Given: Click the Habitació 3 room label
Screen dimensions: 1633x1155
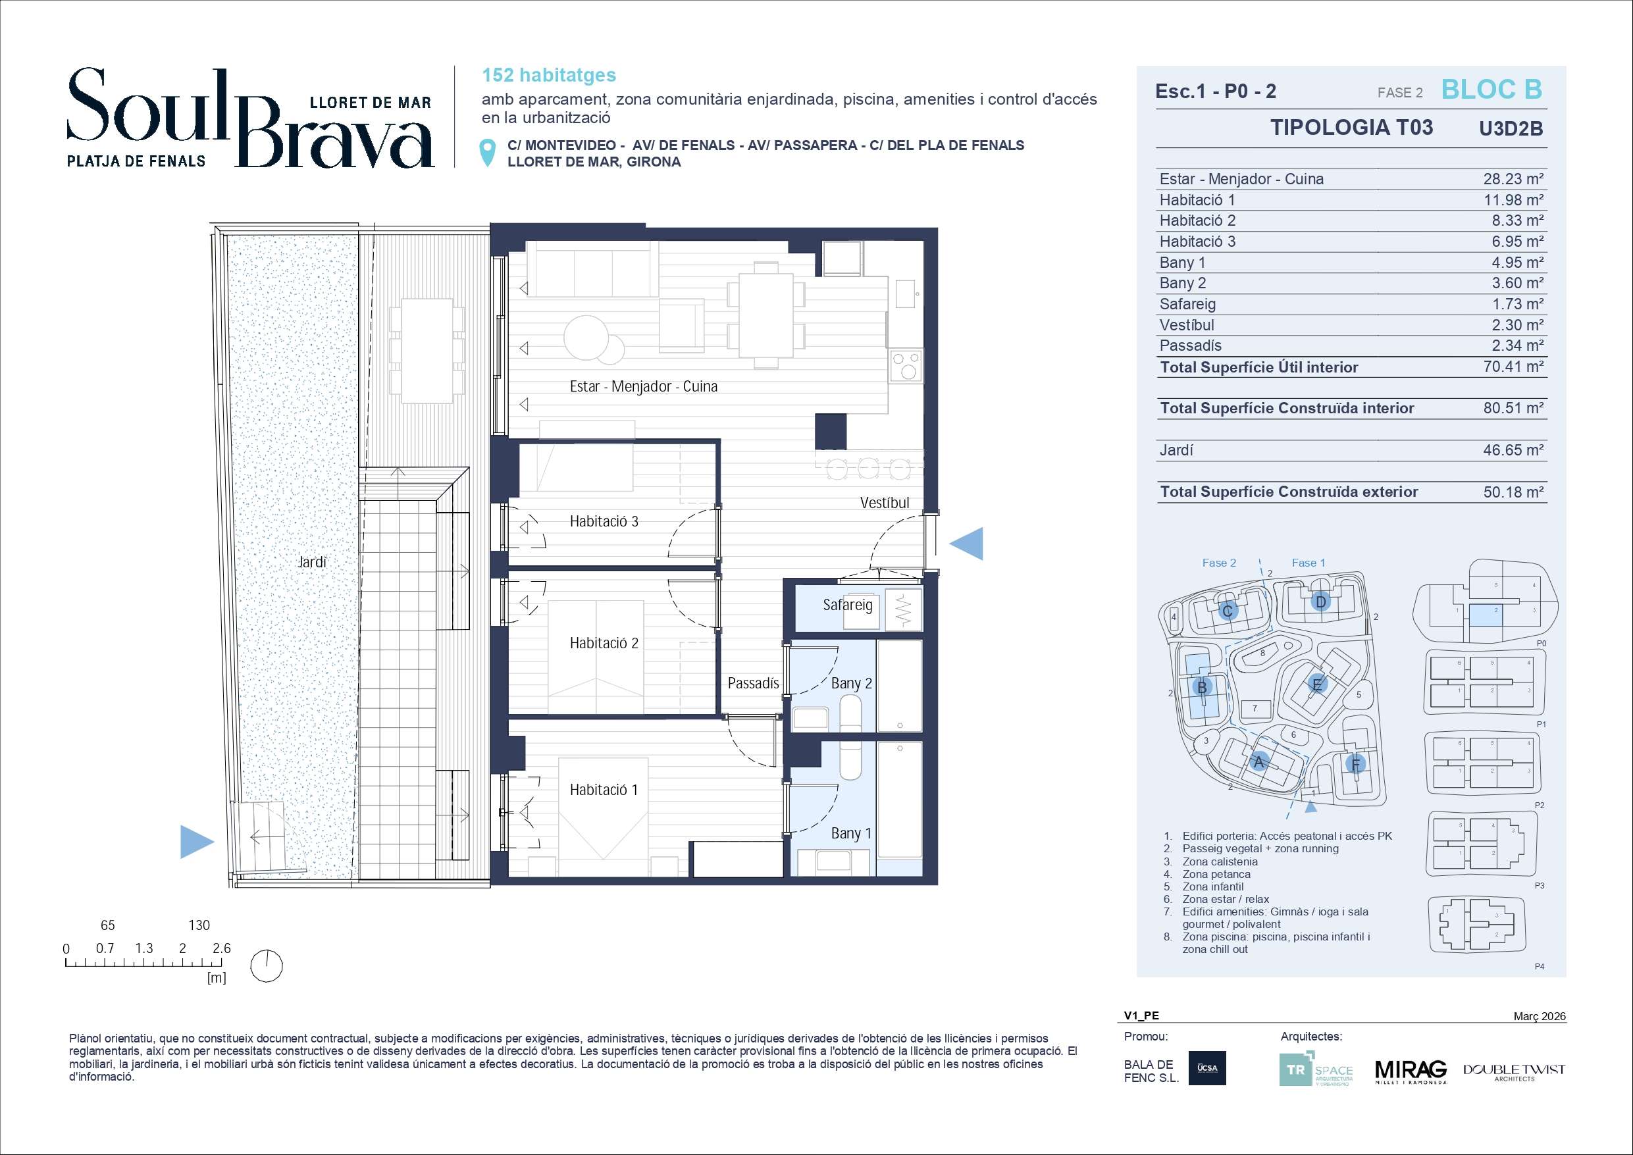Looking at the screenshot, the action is [604, 521].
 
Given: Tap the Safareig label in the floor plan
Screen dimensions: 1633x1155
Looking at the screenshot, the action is [847, 605].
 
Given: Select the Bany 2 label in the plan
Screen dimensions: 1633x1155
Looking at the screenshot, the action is [851, 684].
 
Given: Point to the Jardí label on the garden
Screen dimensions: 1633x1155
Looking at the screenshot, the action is [311, 562].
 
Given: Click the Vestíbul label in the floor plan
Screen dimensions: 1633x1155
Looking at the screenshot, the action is [884, 503].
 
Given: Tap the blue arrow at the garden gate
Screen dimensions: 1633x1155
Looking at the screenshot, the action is [197, 841].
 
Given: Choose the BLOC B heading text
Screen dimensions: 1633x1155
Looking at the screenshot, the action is [1491, 90].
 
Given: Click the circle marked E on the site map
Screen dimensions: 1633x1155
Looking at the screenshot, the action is [1316, 684].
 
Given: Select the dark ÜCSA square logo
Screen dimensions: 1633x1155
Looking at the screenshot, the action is [1207, 1068].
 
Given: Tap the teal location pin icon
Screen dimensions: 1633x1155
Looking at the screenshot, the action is [488, 153].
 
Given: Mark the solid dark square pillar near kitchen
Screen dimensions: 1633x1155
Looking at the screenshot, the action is [830, 432].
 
